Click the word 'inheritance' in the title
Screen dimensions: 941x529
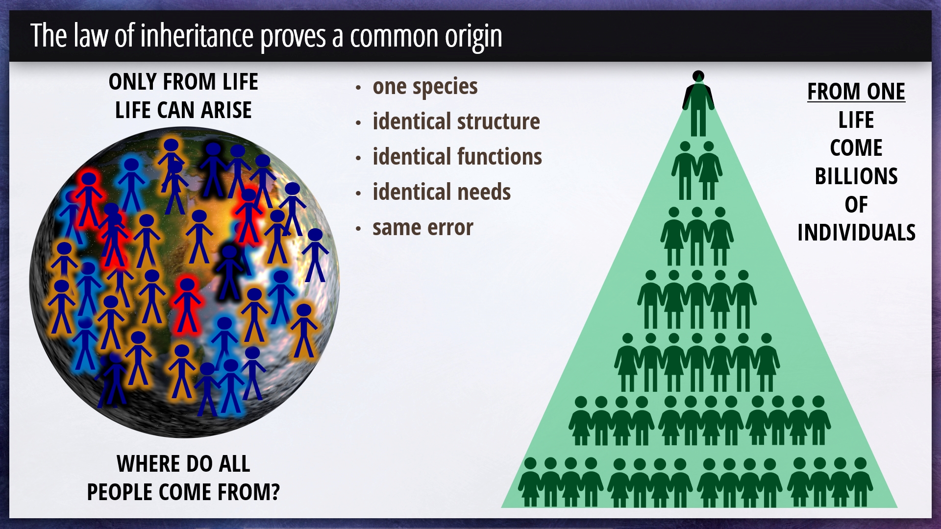pos(197,36)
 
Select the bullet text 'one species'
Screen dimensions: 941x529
pos(425,87)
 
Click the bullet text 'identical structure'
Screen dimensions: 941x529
pos(456,121)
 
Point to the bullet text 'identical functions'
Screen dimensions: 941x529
pos(457,157)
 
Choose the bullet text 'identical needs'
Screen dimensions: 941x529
pos(442,192)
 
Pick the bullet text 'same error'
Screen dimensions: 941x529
pos(423,228)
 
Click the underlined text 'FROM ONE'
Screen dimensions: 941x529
pos(856,92)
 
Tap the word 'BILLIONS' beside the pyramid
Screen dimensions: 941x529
pos(856,176)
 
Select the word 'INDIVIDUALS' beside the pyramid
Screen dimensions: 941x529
pos(856,233)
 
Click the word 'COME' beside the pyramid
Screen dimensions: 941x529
pos(856,148)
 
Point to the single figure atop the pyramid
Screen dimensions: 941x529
pos(698,103)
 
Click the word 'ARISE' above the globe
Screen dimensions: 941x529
pos(226,110)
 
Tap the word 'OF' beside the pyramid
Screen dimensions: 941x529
pos(856,205)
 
